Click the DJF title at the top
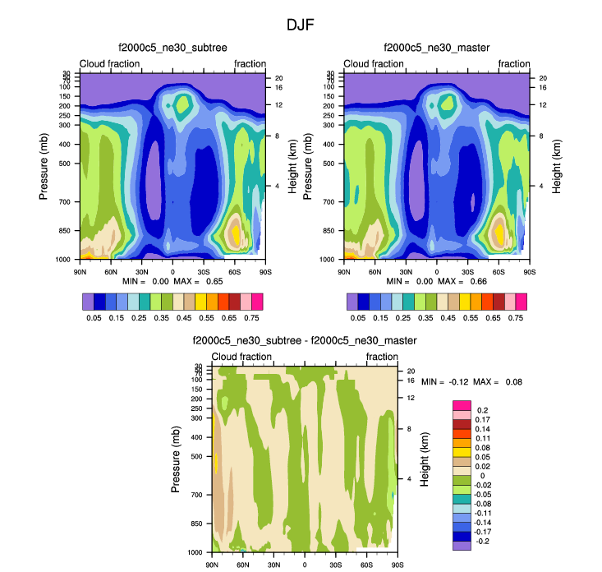[x=301, y=25]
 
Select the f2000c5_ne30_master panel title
[x=437, y=48]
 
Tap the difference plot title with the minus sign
[x=305, y=340]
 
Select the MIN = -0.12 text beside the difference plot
[x=444, y=382]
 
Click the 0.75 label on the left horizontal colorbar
[x=253, y=316]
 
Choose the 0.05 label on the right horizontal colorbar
[x=358, y=316]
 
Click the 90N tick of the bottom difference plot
[x=212, y=565]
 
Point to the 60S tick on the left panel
[x=234, y=270]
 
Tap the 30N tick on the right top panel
[x=405, y=270]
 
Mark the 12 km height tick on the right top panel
[x=543, y=105]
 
